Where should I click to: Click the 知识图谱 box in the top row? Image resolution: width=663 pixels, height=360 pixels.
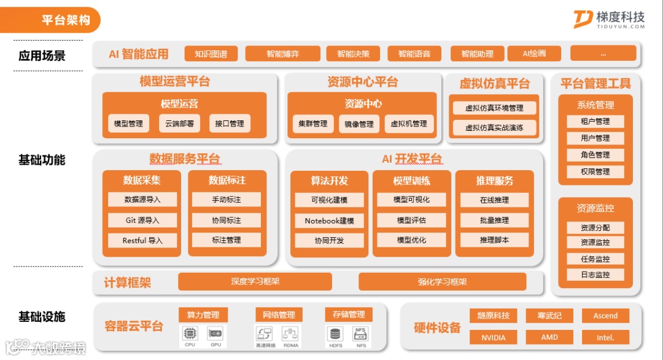(x=211, y=54)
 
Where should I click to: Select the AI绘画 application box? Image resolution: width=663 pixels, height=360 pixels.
(x=533, y=54)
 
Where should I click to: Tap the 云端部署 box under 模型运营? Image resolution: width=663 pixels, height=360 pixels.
(x=179, y=123)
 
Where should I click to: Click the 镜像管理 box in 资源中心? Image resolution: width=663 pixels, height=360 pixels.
(x=359, y=123)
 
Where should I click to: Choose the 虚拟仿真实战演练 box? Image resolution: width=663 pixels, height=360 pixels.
(x=494, y=128)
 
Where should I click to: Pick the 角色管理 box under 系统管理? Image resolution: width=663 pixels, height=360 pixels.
(x=595, y=155)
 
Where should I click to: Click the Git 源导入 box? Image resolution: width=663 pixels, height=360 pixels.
(x=142, y=220)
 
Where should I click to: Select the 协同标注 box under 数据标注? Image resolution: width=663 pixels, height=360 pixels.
(x=226, y=220)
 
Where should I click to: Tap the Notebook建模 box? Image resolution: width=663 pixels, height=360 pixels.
(x=329, y=221)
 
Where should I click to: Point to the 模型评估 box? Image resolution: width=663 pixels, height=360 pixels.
(x=411, y=220)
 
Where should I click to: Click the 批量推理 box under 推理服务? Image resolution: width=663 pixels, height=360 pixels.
(x=494, y=220)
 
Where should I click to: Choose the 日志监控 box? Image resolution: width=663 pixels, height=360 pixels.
(x=595, y=275)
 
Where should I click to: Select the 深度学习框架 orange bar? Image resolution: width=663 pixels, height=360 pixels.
(x=255, y=281)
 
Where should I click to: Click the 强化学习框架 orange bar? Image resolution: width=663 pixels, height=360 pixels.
(x=442, y=281)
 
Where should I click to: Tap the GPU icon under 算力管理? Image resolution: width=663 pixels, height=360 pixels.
(x=215, y=334)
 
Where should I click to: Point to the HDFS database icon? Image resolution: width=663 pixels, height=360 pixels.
(x=335, y=334)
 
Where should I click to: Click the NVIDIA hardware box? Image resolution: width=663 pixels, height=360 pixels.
(x=493, y=337)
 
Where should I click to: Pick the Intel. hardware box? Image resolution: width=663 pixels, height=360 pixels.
(x=605, y=337)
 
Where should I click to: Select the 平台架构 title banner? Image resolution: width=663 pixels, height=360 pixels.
(x=65, y=20)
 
